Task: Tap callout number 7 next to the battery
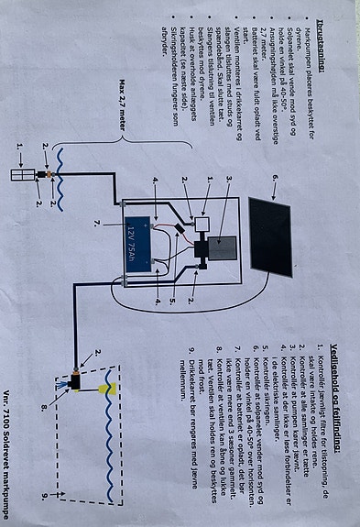[x=94, y=223]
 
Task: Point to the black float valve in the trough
[x=76, y=377]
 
